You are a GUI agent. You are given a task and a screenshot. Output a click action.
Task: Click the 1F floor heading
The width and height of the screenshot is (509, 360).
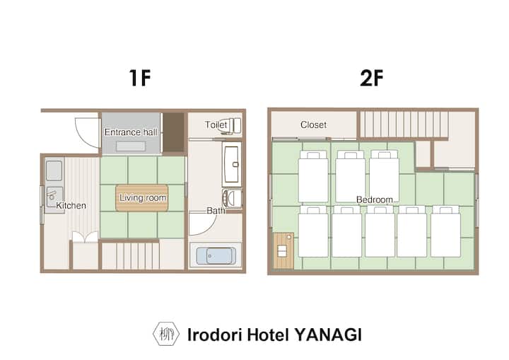(x=140, y=78)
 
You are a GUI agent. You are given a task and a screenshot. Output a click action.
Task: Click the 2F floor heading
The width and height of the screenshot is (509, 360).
(x=372, y=78)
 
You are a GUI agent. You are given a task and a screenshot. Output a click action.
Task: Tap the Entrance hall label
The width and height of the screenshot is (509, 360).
(x=131, y=132)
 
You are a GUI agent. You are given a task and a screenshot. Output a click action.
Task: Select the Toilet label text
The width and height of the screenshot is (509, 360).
(x=216, y=124)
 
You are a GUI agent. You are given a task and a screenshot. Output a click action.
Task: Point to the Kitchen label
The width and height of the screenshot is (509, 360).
(x=71, y=205)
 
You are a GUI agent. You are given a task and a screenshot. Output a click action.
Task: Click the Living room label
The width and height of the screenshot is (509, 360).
(x=143, y=197)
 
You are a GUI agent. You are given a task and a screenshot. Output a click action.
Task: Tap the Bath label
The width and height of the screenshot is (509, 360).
(x=216, y=211)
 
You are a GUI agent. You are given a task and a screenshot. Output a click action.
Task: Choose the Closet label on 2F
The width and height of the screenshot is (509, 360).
(x=313, y=124)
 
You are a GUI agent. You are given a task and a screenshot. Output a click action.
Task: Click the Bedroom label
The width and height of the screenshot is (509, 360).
(x=374, y=199)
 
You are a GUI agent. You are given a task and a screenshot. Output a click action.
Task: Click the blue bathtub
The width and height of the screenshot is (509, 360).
(x=216, y=256)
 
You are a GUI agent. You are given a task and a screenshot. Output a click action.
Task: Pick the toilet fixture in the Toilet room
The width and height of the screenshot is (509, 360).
(x=232, y=126)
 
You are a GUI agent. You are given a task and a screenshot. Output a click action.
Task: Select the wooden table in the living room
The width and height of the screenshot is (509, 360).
(x=142, y=198)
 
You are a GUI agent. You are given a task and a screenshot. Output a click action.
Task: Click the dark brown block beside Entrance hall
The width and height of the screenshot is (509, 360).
(x=172, y=133)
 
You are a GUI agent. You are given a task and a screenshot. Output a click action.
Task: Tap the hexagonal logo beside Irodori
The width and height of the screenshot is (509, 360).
(x=166, y=334)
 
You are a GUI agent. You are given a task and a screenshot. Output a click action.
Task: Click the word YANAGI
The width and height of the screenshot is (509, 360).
(x=328, y=335)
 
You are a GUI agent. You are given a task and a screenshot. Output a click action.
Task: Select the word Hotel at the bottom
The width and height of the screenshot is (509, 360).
(x=268, y=335)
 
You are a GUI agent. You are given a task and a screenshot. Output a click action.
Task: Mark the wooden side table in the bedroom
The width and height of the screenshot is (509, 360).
(x=283, y=250)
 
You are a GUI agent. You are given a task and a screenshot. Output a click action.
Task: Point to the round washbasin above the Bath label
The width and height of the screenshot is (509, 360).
(x=232, y=198)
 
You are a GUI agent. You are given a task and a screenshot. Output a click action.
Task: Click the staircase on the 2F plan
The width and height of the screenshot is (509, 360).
(x=404, y=124)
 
